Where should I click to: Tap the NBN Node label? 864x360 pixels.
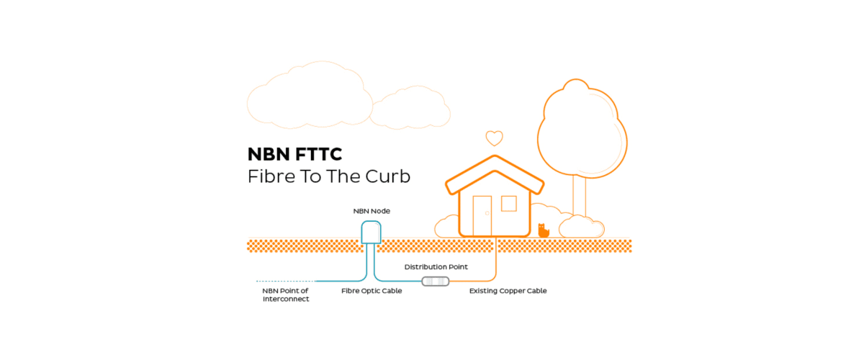tap(372, 211)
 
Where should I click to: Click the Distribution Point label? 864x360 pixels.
tap(436, 267)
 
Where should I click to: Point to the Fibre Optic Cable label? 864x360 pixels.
tap(372, 291)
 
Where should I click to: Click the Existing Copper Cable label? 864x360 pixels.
tap(508, 291)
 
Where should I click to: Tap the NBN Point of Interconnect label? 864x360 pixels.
tap(285, 294)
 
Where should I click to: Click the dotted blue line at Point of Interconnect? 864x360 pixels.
tap(285, 281)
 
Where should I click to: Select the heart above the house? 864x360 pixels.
tap(494, 138)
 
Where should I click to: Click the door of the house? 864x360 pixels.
tap(482, 215)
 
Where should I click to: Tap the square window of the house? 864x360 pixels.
tap(509, 203)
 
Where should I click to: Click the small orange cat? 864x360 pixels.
tap(544, 230)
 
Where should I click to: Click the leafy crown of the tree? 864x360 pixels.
tap(580, 126)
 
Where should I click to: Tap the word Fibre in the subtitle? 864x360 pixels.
tap(267, 176)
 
